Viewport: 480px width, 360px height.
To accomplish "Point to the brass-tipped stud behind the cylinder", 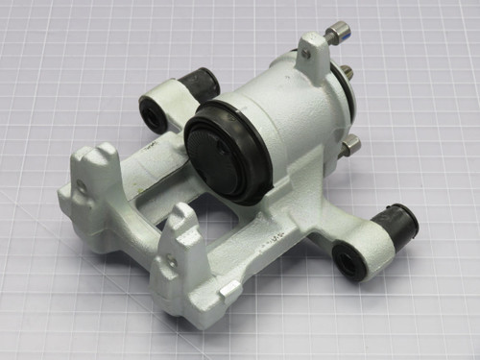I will click(x=346, y=72).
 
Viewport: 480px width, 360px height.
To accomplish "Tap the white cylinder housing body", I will click(x=293, y=110).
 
